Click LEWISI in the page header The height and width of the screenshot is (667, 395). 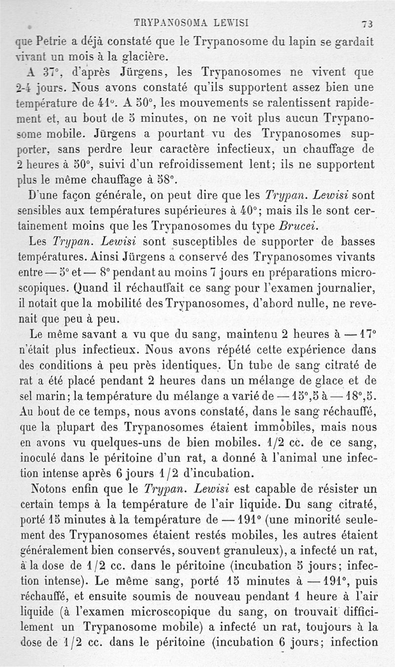click(x=227, y=22)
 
